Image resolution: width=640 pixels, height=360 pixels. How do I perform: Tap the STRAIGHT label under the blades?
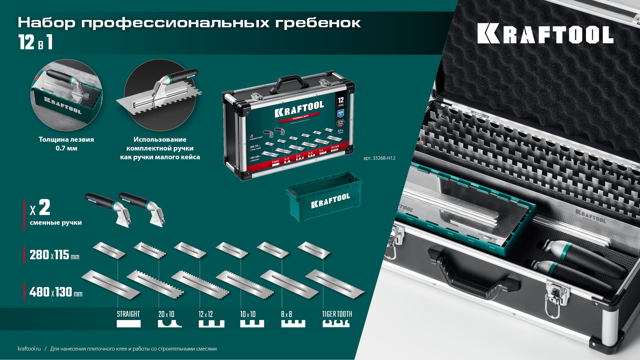click(x=128, y=314)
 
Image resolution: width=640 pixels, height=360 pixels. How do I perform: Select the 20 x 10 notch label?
click(x=166, y=314)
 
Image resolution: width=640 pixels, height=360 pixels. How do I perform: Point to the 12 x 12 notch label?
click(x=206, y=314)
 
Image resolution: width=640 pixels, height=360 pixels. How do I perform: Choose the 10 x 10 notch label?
click(x=248, y=314)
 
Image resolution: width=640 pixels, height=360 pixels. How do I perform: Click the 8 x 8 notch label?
click(x=286, y=314)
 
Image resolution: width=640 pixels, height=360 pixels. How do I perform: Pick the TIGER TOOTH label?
click(x=337, y=314)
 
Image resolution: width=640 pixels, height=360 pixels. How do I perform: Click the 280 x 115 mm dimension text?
click(x=54, y=255)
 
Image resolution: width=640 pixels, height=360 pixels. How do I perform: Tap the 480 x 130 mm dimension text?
click(x=56, y=292)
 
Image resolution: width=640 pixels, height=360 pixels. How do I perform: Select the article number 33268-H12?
click(x=379, y=158)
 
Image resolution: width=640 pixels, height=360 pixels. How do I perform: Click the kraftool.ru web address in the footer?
click(x=29, y=349)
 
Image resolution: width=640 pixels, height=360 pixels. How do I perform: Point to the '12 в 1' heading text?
click(x=35, y=43)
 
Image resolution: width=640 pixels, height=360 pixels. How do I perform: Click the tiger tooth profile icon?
click(x=336, y=323)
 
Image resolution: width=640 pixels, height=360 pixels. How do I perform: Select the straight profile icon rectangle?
click(x=129, y=324)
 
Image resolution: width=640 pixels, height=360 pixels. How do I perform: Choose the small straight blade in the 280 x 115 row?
click(x=109, y=250)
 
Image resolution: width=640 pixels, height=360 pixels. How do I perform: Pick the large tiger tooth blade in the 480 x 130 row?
click(x=335, y=283)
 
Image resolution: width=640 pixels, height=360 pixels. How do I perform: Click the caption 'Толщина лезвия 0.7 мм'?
click(x=66, y=144)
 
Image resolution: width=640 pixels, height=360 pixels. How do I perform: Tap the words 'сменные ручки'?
click(x=56, y=223)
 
